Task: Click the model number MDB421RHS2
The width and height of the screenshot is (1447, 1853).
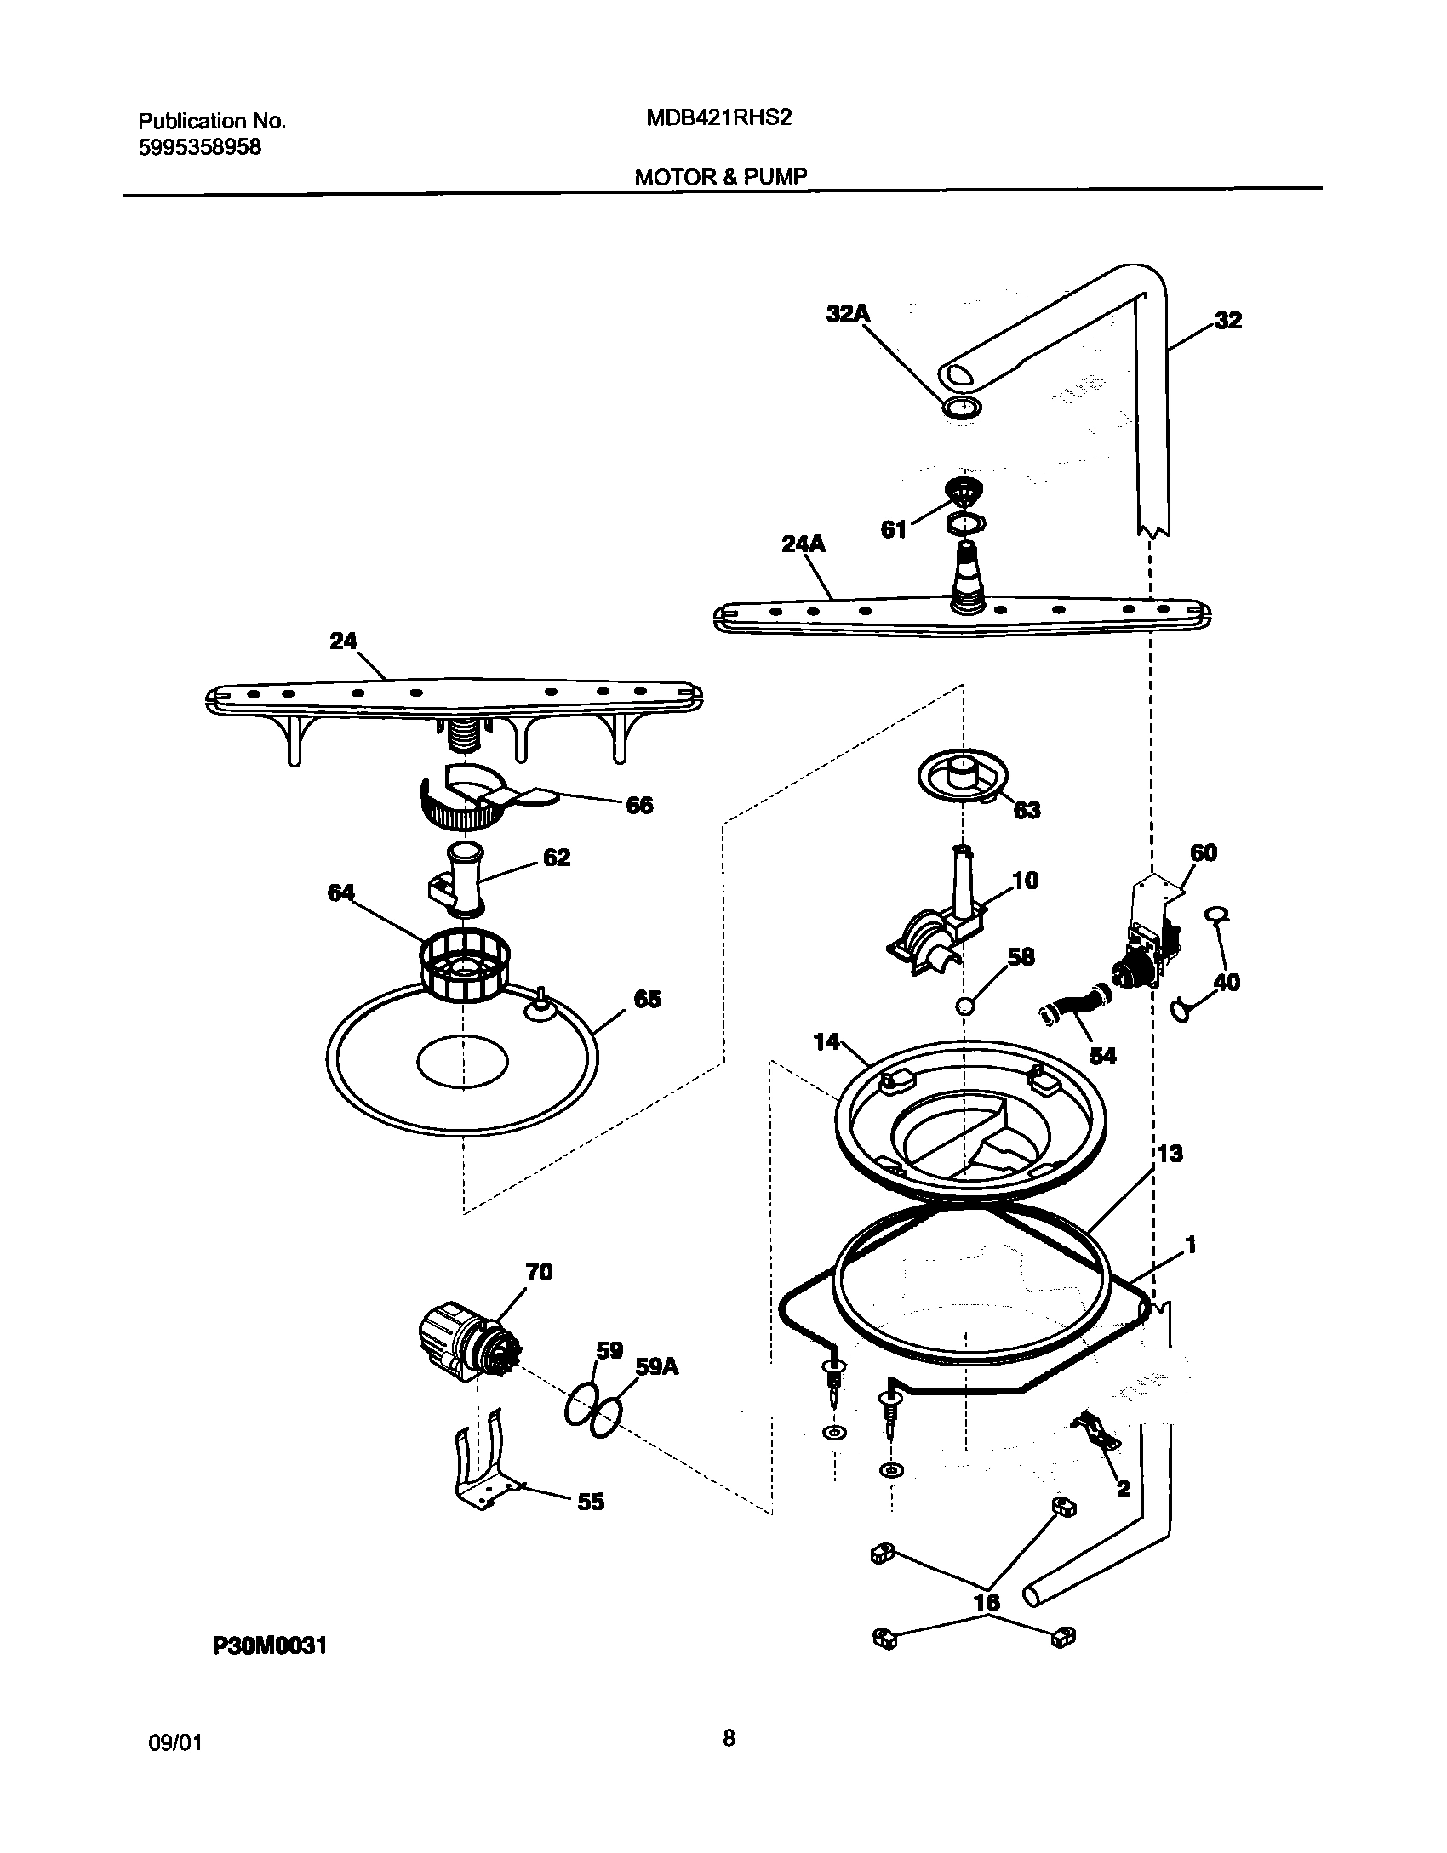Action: (x=719, y=118)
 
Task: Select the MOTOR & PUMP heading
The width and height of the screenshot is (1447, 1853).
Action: (x=720, y=177)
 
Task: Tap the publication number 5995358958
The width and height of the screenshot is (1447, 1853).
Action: (x=199, y=147)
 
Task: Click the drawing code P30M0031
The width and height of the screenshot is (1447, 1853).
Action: (x=270, y=1670)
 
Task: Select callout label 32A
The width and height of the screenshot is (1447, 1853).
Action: (x=848, y=314)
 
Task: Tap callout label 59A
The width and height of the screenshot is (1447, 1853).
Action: (x=657, y=1366)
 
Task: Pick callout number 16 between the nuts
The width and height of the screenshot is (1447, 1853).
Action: (x=987, y=1602)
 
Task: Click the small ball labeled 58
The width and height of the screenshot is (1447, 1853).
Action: (x=965, y=1006)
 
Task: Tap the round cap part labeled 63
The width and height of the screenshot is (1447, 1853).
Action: (x=963, y=776)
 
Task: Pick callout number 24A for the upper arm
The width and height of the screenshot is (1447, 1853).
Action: (x=804, y=544)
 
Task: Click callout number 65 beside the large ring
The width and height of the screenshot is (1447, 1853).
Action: (x=647, y=999)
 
